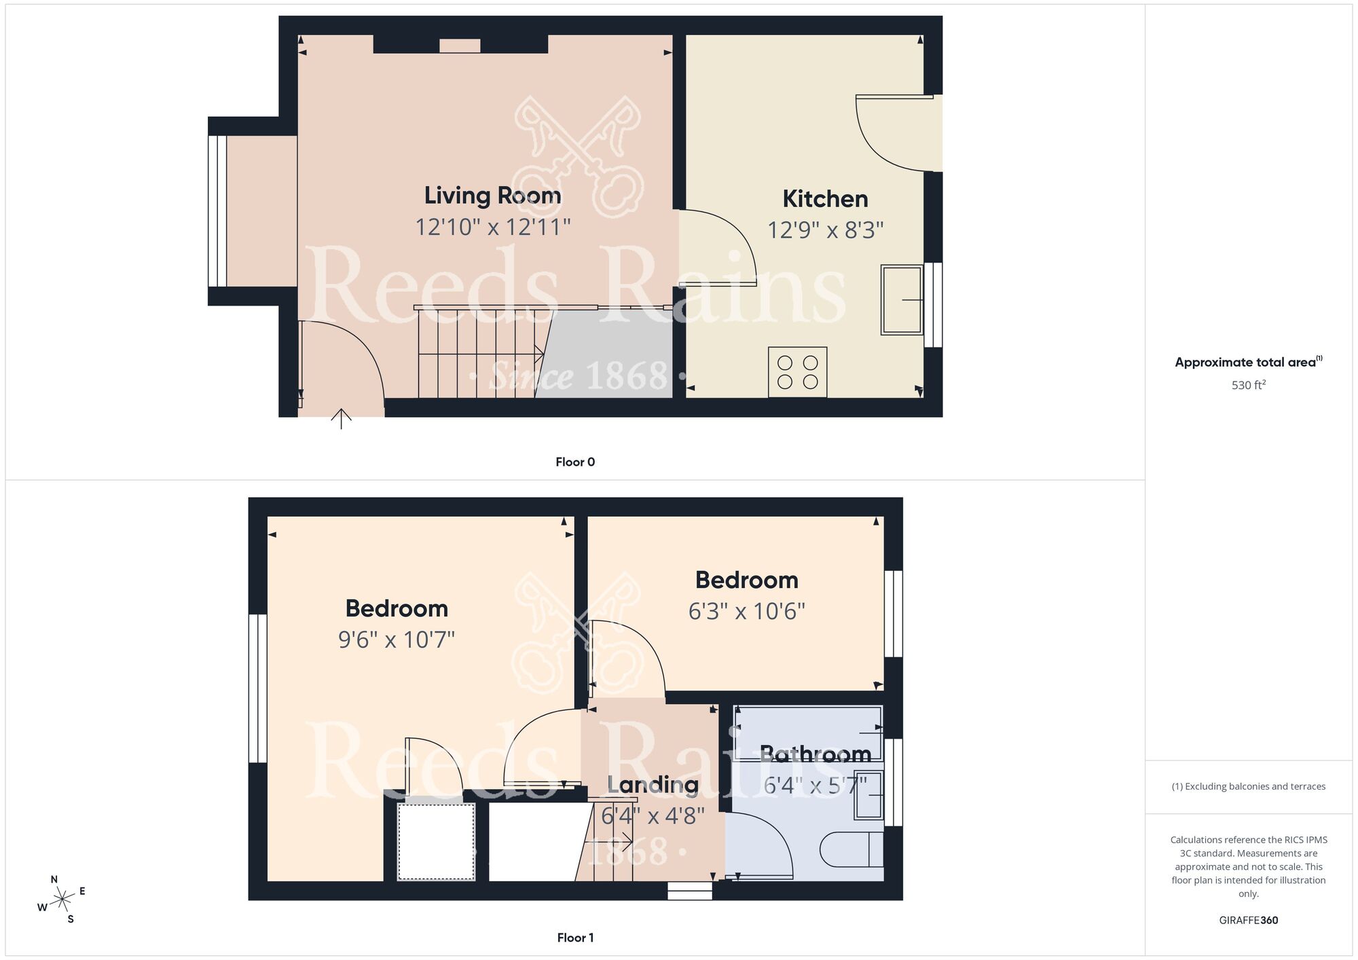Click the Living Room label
492,196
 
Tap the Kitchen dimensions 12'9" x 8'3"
825,230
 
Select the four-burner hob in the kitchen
797,372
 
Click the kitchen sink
902,299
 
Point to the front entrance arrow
341,418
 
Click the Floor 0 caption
575,462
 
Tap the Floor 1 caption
575,938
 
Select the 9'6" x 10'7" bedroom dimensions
397,640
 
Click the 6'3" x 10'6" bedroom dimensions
746,612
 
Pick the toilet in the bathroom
851,849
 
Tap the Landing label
653,785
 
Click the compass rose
62,900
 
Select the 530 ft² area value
1248,385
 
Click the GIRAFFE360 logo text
1248,921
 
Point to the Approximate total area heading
1248,362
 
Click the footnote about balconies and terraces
1248,786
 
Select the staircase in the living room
479,353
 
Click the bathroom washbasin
870,794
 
